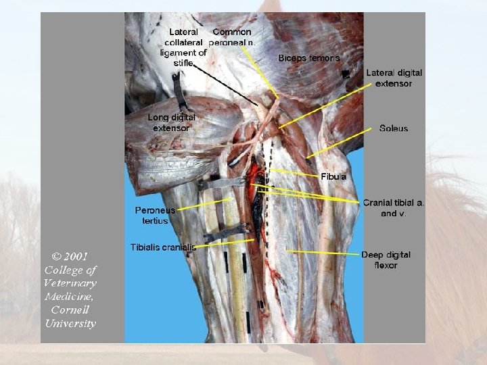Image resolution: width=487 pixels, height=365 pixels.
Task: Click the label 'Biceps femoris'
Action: coord(308,58)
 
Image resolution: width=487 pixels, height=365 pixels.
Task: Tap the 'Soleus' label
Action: coord(394,128)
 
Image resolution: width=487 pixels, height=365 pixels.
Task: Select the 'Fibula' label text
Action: coord(333,176)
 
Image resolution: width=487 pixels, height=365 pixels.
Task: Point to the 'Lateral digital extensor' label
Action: coord(394,78)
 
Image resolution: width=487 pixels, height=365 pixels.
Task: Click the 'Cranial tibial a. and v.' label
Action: coord(394,208)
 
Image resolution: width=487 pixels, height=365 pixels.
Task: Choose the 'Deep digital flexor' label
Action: coord(386,260)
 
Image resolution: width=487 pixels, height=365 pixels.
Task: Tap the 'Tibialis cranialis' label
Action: coord(163,247)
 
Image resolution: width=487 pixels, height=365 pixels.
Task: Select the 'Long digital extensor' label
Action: coord(171,122)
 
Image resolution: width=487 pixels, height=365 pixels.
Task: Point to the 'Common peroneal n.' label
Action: coord(231,36)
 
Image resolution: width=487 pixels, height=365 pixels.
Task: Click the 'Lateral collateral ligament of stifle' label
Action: coord(184,47)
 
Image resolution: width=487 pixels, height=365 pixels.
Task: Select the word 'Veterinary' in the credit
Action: coord(70,283)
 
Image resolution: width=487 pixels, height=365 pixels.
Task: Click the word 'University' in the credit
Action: coord(70,323)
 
